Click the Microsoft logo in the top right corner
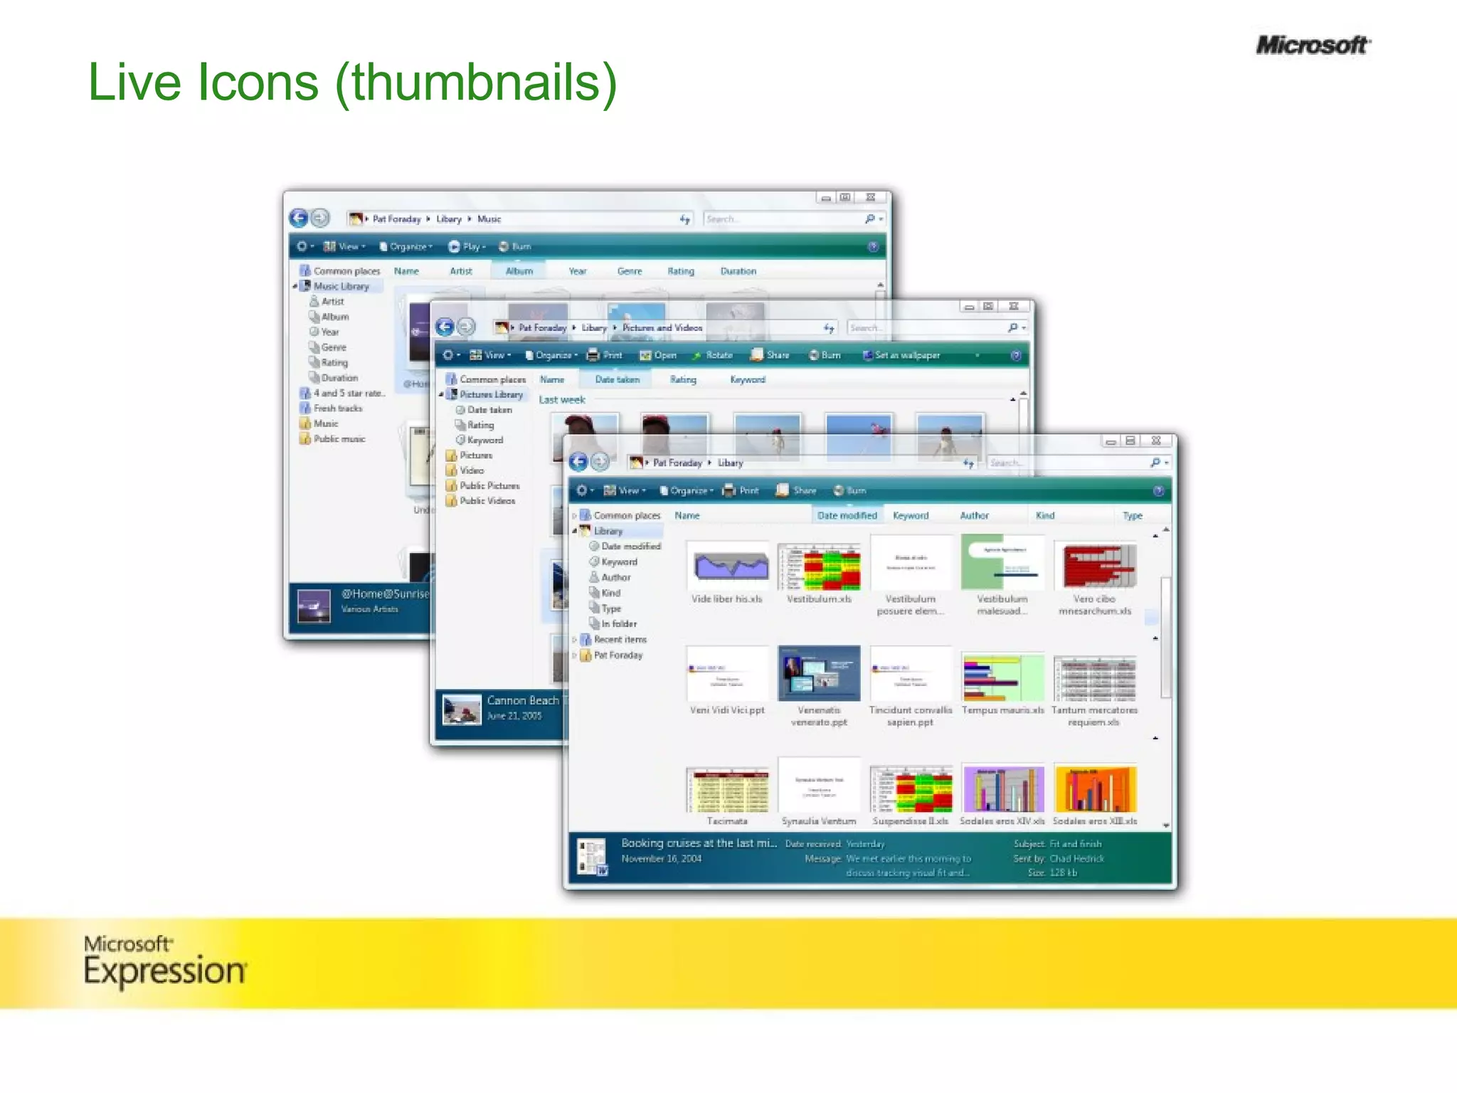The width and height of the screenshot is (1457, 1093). click(1313, 46)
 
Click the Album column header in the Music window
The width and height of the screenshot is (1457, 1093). click(519, 271)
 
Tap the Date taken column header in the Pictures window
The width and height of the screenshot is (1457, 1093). click(617, 380)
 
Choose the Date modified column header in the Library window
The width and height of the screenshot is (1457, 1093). click(847, 515)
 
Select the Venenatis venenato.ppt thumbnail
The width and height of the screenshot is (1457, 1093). click(819, 673)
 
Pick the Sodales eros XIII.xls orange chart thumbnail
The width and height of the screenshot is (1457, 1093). click(1095, 788)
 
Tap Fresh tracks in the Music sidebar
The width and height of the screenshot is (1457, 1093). click(337, 408)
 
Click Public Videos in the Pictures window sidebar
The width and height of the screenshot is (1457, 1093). click(487, 501)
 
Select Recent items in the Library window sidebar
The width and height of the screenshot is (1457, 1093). click(620, 640)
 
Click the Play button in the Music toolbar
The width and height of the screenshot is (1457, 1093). click(467, 247)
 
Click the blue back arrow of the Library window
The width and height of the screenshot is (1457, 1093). click(579, 463)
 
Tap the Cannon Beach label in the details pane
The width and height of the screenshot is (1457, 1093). click(523, 700)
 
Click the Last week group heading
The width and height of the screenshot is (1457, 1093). click(562, 400)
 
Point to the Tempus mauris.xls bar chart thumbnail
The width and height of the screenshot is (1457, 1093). click(1002, 677)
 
